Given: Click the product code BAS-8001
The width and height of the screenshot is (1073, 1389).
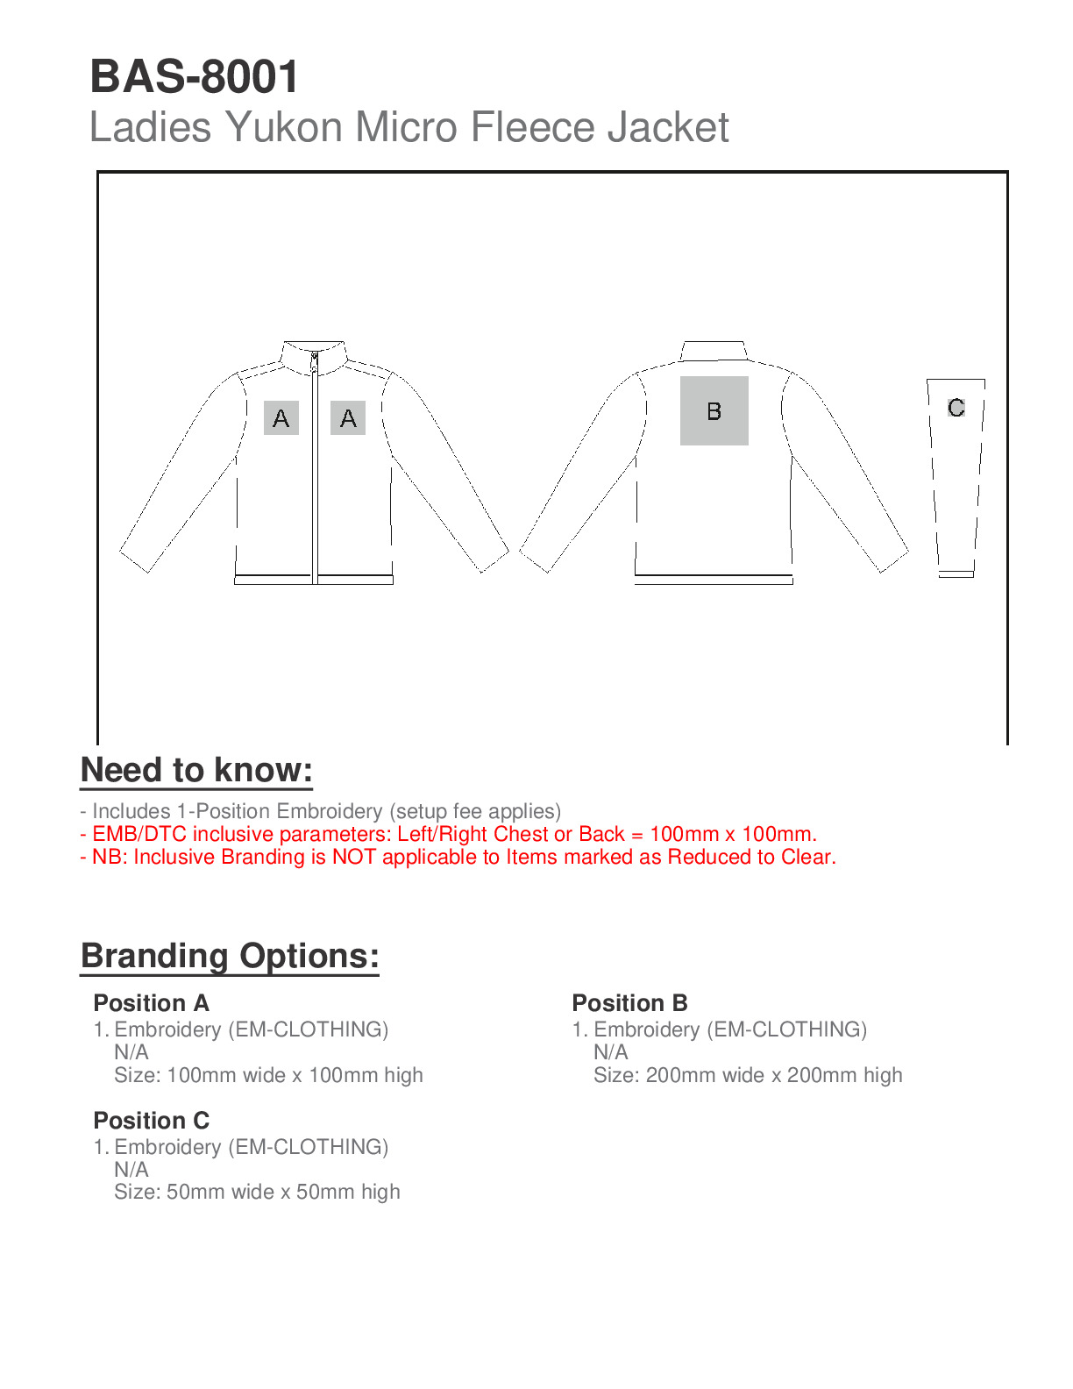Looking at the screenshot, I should click(195, 76).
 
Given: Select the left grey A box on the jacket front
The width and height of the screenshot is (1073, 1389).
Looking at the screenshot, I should click(281, 418).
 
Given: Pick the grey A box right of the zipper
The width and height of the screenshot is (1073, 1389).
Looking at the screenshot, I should click(348, 418).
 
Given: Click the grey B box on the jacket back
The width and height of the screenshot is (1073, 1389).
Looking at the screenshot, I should click(714, 410).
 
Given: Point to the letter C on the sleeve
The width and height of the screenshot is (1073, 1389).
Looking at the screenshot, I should click(956, 408).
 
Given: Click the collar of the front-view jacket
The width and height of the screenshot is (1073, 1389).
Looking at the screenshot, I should click(314, 353).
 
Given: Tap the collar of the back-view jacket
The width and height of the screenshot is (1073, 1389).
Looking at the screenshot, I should click(714, 351).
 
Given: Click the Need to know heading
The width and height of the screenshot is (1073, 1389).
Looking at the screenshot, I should click(196, 770).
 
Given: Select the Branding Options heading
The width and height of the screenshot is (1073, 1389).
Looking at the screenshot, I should click(230, 956).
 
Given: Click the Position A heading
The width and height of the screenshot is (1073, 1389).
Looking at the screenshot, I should click(151, 1003).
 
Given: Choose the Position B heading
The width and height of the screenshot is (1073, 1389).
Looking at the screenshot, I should click(629, 1003).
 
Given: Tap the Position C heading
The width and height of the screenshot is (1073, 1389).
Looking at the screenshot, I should click(151, 1121).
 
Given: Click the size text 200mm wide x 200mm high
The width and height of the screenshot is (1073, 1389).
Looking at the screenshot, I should click(773, 1075).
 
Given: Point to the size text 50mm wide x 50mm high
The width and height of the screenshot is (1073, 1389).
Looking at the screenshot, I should click(282, 1192).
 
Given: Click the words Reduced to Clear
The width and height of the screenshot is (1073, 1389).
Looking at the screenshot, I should click(751, 857).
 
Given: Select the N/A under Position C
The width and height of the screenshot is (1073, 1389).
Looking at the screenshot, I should click(131, 1170).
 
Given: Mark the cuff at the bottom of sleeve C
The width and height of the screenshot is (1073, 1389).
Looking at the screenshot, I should click(956, 574).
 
